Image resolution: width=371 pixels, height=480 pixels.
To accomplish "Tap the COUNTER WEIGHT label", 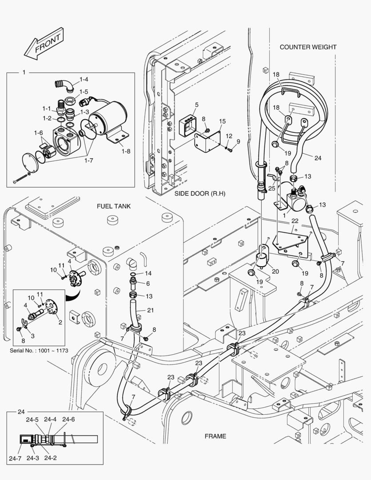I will (307, 47).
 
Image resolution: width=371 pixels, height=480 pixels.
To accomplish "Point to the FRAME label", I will (215, 436).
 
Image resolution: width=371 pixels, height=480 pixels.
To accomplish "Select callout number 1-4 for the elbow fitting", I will (84, 80).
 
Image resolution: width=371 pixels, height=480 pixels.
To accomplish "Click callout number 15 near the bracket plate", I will (222, 121).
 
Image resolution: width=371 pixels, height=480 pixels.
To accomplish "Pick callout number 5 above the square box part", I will (196, 105).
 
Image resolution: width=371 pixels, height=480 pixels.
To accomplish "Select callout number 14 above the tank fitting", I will (148, 273).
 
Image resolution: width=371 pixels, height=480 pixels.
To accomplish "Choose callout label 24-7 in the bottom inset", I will (18, 458).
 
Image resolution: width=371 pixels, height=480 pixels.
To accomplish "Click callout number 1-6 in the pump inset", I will (38, 132).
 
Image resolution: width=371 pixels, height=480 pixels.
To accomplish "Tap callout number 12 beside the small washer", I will (229, 136).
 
